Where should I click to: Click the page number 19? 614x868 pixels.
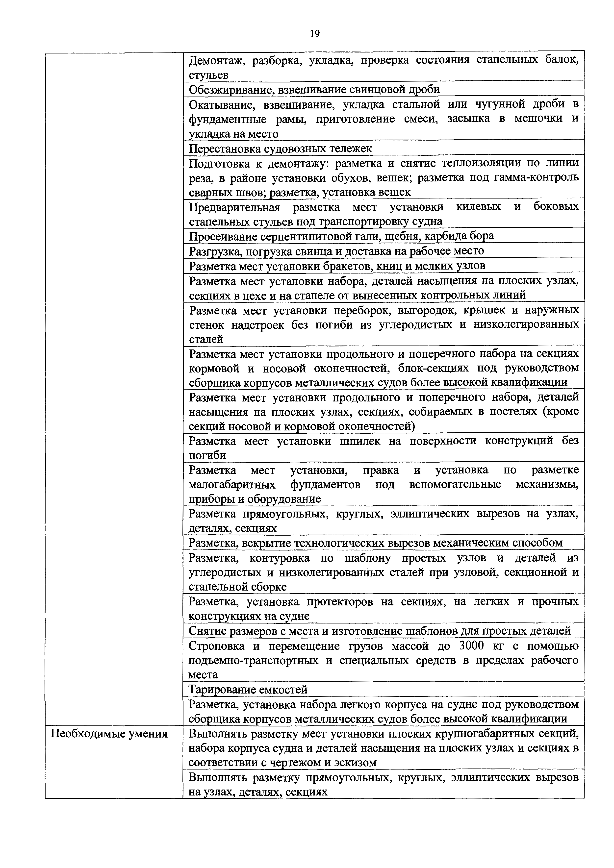tap(315, 34)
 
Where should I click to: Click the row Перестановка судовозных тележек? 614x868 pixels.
tap(280, 149)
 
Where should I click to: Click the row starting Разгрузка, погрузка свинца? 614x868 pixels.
tap(336, 251)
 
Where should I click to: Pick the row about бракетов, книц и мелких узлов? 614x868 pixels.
tap(337, 266)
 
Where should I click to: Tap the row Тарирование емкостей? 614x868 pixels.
tap(248, 690)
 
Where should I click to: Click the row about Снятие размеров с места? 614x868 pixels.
tap(379, 631)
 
